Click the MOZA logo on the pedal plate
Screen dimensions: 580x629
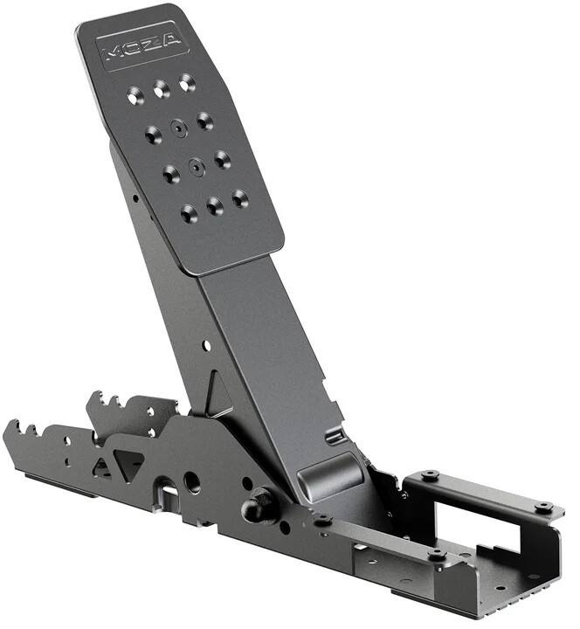[x=142, y=45]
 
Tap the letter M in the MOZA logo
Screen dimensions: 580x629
[x=113, y=52]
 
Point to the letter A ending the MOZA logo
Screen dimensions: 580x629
[x=170, y=39]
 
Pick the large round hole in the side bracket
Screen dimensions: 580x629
[x=191, y=481]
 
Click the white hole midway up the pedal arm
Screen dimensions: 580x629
[x=206, y=345]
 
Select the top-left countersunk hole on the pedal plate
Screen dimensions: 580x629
[x=135, y=95]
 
